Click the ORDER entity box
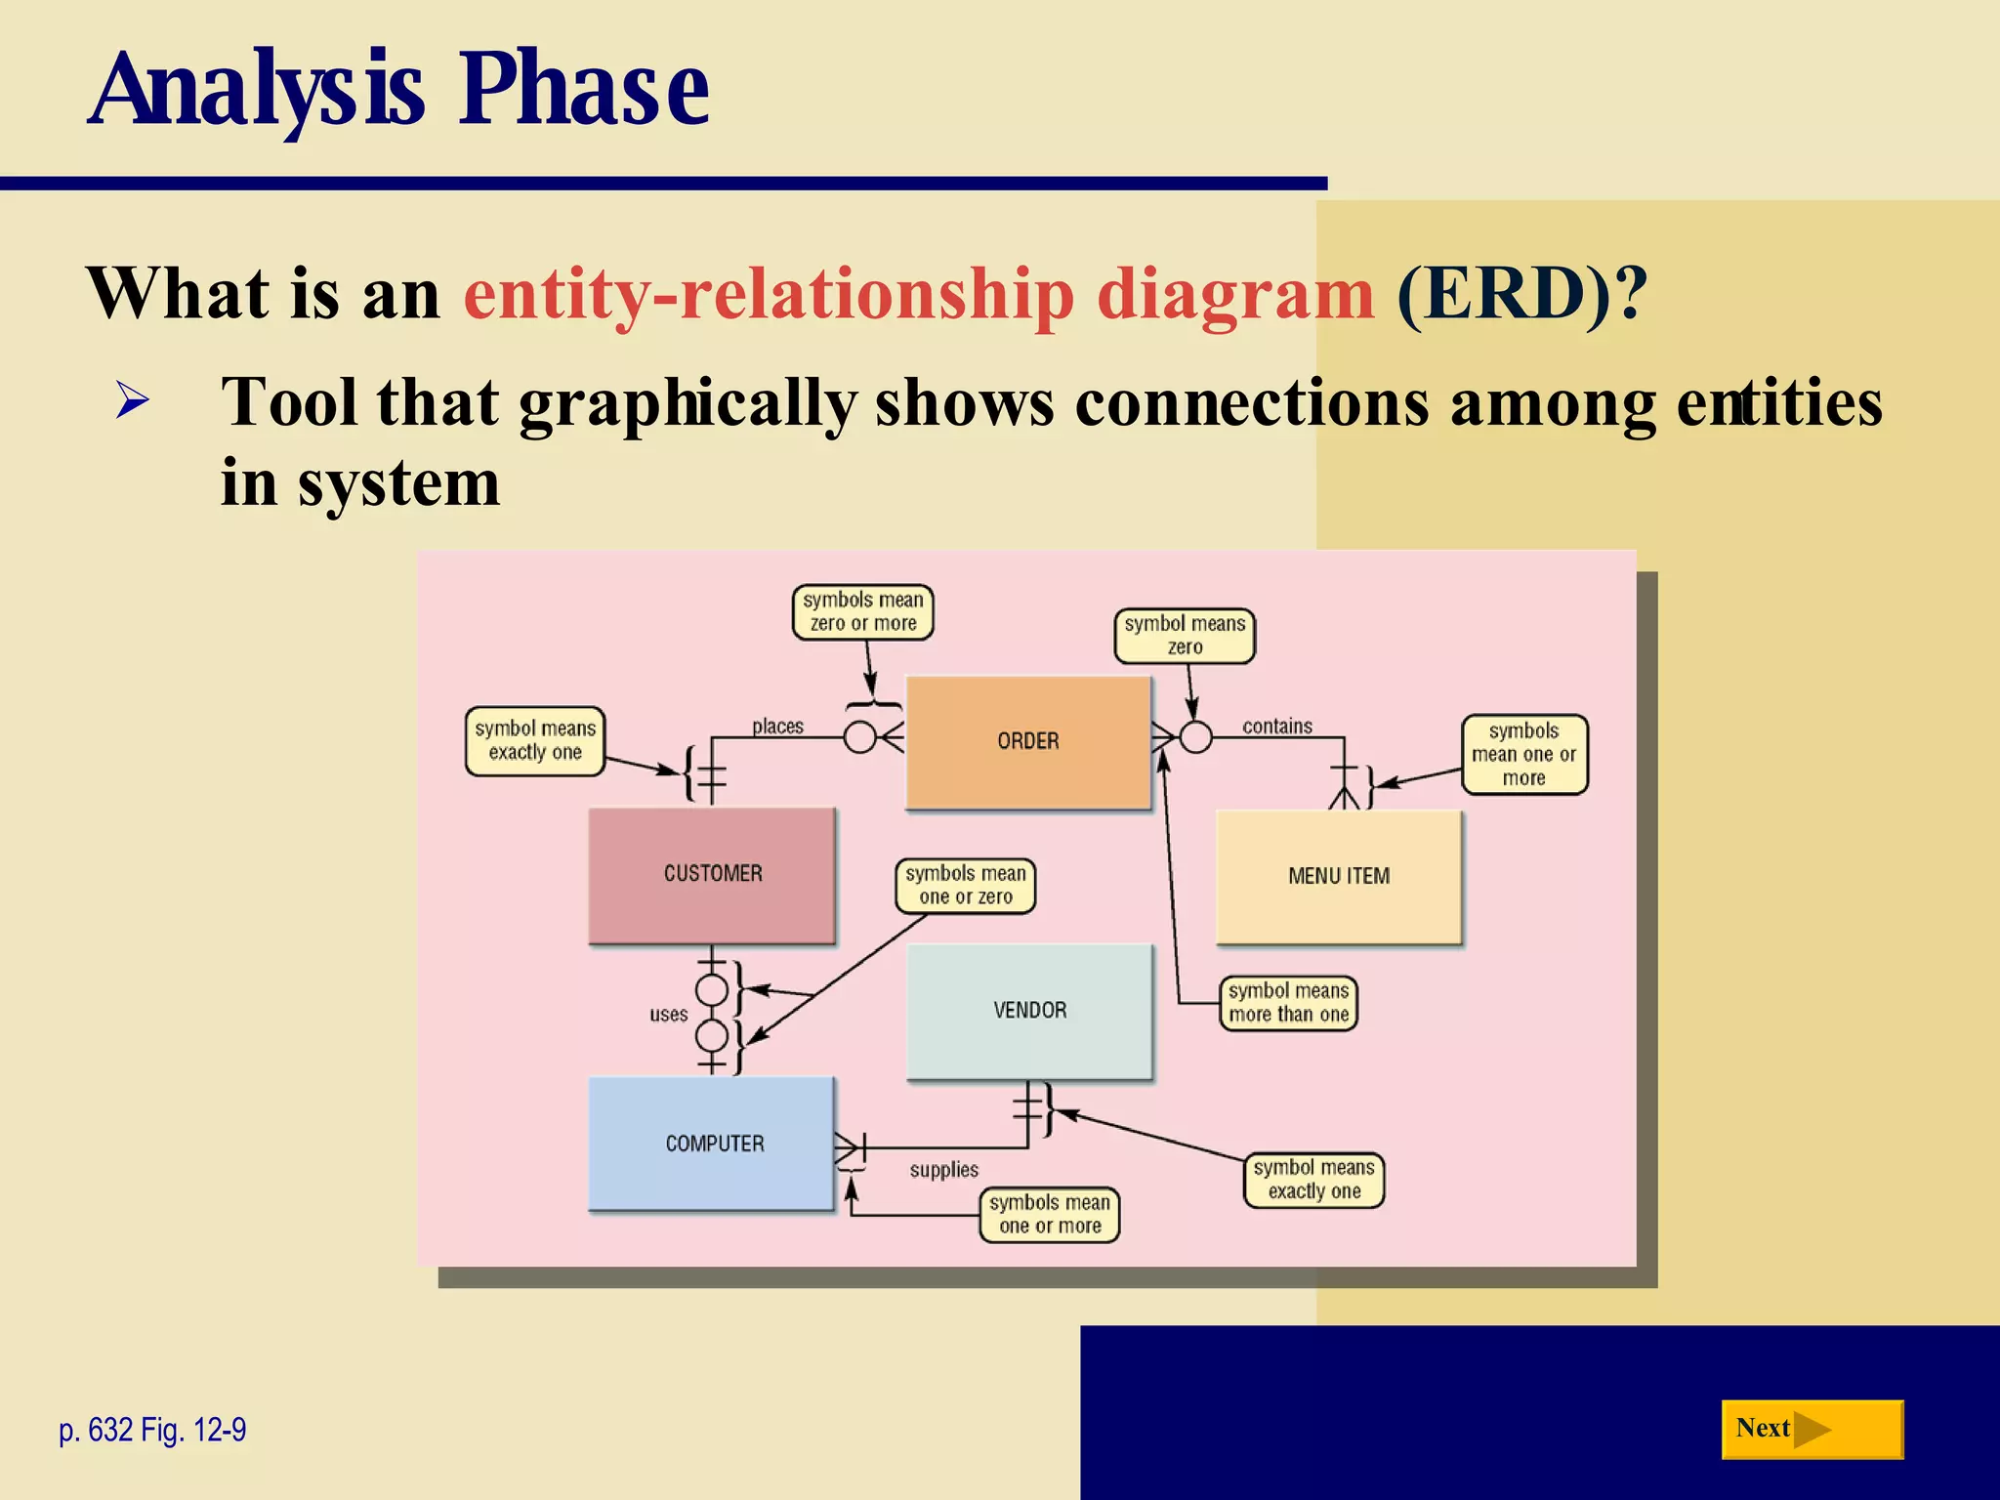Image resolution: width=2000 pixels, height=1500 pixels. point(1028,741)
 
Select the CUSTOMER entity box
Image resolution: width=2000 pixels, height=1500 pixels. point(712,874)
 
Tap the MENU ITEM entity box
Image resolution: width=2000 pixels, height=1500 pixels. point(1338,876)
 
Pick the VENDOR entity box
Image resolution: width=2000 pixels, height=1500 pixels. point(1029,1011)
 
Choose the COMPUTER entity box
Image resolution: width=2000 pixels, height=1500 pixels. point(712,1144)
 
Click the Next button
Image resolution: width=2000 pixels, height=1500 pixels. point(1812,1429)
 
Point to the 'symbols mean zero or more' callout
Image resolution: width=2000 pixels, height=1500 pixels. point(862,612)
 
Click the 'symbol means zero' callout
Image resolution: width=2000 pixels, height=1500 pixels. point(1185,636)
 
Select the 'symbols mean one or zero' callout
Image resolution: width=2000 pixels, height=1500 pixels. point(965,886)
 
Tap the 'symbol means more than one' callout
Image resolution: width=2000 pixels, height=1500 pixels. point(1288,1003)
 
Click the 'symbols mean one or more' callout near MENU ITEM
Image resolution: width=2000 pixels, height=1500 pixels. point(1523,754)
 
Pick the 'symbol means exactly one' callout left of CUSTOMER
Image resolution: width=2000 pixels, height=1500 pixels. point(534,741)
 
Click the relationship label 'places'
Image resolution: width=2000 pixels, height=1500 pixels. point(777,727)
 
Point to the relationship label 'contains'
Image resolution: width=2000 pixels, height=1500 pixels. point(1276,727)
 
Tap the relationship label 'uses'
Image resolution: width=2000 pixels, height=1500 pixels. point(668,1015)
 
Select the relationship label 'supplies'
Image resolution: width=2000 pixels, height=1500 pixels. point(943,1170)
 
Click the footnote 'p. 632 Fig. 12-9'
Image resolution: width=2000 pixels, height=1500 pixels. point(152,1430)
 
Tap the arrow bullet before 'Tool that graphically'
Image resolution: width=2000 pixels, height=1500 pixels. point(132,401)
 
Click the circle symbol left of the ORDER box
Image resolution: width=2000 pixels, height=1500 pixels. point(859,737)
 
